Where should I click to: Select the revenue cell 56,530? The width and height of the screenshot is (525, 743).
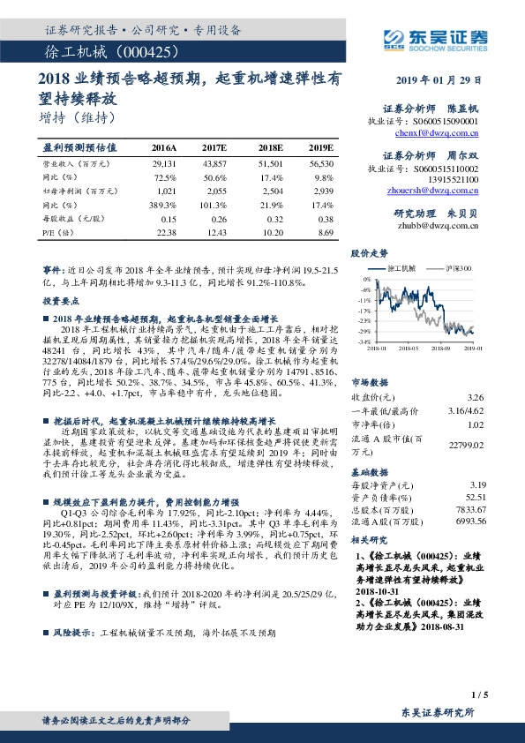point(321,164)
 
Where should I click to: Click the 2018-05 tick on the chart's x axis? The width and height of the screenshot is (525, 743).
point(409,349)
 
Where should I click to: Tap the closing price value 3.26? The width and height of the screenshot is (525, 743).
point(476,399)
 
